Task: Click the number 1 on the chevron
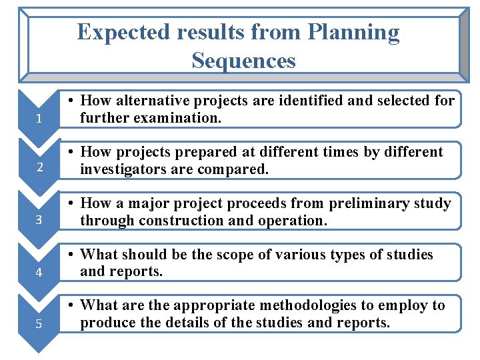point(40,120)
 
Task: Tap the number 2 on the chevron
point(40,167)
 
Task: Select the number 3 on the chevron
point(40,219)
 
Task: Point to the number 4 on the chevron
point(40,272)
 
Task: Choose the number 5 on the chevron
point(40,324)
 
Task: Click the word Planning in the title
point(354,32)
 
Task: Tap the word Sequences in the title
point(243,61)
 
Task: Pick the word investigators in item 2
point(122,169)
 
